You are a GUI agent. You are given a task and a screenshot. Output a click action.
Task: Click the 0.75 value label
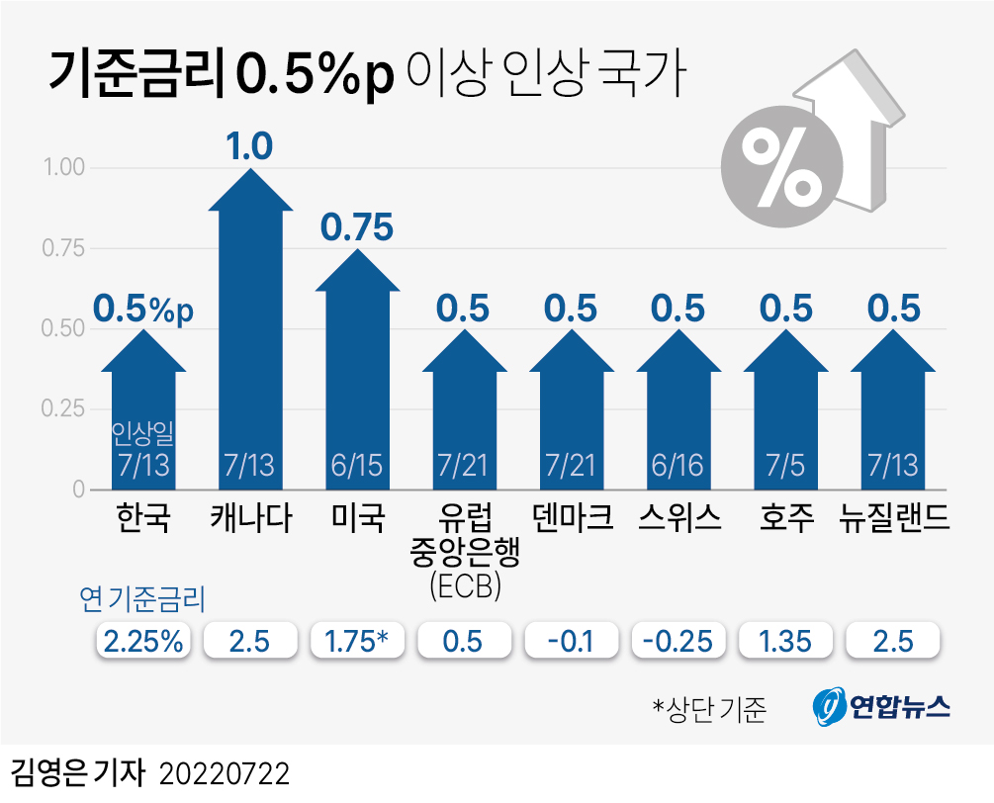pos(357,227)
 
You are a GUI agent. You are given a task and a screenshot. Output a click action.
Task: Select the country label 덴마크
pos(571,517)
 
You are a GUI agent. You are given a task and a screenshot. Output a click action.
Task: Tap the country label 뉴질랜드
pos(894,517)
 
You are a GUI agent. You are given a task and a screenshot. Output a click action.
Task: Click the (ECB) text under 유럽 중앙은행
pos(465,585)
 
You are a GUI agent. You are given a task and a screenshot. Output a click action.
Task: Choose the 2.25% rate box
pos(144,641)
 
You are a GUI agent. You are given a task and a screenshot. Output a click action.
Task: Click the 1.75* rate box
pos(357,641)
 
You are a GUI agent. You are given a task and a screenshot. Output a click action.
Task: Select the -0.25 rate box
pos(678,641)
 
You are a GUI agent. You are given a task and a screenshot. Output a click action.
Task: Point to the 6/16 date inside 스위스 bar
pos(678,464)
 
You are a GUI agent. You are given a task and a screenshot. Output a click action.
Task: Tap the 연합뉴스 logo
pos(883,706)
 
